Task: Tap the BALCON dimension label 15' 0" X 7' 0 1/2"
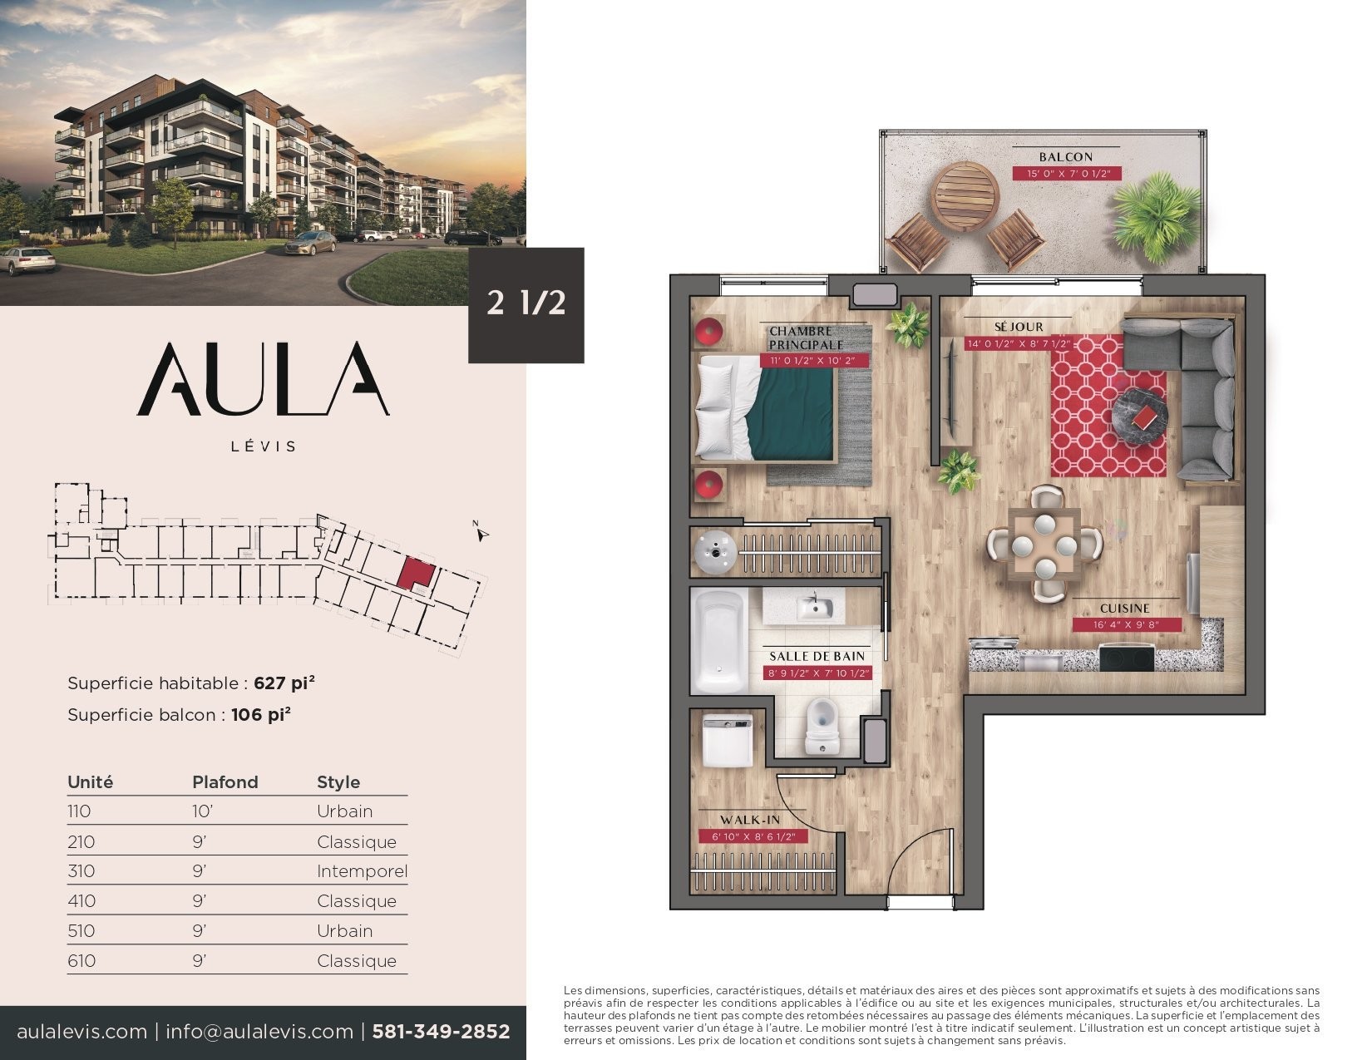(1067, 174)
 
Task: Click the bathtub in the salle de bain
(720, 639)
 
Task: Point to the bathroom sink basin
(815, 607)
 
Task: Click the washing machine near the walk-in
(728, 740)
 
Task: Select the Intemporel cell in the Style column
(362, 871)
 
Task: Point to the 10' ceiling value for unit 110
(202, 811)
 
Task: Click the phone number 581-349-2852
(441, 1032)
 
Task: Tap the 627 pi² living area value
(284, 683)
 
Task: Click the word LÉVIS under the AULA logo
(263, 446)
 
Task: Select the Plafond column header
(225, 781)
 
